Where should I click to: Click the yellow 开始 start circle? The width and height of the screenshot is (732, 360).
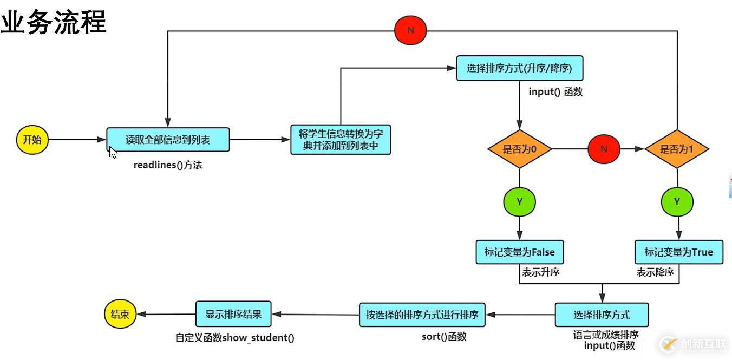(x=32, y=140)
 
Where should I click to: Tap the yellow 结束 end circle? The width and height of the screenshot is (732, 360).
(x=120, y=315)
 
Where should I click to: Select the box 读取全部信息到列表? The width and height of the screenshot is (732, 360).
(x=168, y=140)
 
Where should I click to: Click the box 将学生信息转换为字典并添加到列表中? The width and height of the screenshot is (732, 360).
(x=341, y=140)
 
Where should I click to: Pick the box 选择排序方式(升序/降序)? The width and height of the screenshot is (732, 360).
(x=519, y=69)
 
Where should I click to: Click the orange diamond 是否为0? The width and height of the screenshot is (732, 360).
(x=519, y=149)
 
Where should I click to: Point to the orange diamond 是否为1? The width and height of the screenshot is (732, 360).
(x=677, y=149)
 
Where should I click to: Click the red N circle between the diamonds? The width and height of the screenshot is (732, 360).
(x=604, y=149)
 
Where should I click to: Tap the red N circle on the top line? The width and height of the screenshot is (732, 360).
(x=410, y=30)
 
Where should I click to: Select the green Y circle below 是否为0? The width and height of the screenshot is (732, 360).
(x=520, y=201)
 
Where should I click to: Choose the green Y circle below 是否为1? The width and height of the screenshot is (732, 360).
(x=677, y=202)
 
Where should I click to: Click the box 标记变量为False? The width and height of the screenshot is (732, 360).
(x=519, y=252)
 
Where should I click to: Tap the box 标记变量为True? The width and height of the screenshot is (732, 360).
(x=678, y=252)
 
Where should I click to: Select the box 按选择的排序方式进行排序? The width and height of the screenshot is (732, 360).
(x=422, y=315)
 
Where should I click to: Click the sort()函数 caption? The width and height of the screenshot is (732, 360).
(x=444, y=337)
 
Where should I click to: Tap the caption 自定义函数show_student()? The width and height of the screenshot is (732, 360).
(x=235, y=338)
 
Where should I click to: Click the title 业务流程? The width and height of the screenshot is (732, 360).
(x=53, y=23)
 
